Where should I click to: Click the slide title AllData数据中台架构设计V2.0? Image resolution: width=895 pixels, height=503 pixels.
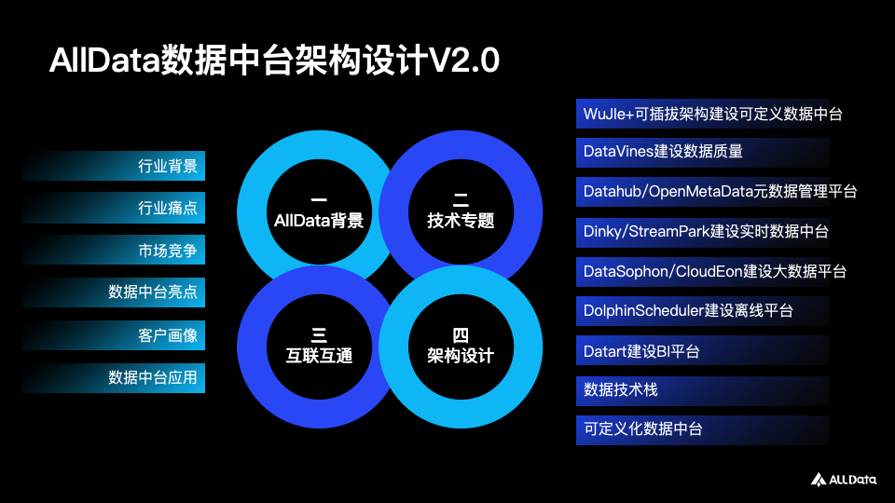[275, 61]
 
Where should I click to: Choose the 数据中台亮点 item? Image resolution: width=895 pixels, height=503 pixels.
[153, 293]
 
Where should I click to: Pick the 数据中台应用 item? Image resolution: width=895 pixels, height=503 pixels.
[153, 378]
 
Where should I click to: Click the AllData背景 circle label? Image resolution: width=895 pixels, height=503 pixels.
[318, 222]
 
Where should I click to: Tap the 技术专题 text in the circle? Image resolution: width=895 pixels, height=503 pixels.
[461, 222]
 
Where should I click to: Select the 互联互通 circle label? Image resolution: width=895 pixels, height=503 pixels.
[318, 356]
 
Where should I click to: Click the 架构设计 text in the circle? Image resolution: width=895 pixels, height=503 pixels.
[461, 356]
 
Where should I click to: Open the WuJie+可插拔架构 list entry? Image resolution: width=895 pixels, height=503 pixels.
[713, 114]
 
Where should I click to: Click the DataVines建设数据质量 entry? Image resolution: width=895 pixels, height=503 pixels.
[663, 151]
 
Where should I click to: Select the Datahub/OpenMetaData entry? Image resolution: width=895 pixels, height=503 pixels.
[720, 191]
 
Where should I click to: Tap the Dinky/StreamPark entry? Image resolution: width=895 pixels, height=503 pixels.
[706, 231]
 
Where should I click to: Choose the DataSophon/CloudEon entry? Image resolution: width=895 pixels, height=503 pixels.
[714, 271]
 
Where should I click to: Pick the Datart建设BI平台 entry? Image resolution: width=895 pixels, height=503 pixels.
[641, 351]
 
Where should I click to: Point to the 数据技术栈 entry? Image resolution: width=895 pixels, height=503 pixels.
[621, 390]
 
